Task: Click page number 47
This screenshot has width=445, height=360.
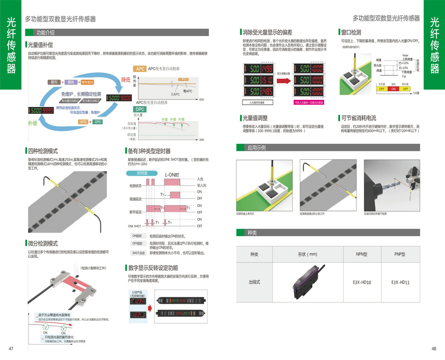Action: pos(11,348)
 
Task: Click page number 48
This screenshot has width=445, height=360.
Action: pos(434,348)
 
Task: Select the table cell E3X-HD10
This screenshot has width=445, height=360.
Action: pos(362,282)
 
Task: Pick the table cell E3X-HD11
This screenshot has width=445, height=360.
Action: pos(400,282)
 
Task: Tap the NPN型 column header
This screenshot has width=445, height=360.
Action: pos(362,254)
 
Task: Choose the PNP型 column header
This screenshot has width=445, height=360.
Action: pos(400,254)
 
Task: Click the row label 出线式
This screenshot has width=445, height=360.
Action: pos(254,282)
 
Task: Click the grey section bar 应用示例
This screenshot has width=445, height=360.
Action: pos(257,148)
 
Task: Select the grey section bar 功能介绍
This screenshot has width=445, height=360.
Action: pos(45,32)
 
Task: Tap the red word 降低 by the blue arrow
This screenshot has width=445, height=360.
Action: pos(126,79)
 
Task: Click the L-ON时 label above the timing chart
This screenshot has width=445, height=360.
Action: pos(172,175)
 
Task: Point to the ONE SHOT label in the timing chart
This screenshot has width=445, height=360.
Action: pos(134,226)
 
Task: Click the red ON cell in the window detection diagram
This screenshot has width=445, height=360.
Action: pos(393,89)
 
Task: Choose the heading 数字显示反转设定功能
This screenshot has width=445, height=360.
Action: pos(153,268)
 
